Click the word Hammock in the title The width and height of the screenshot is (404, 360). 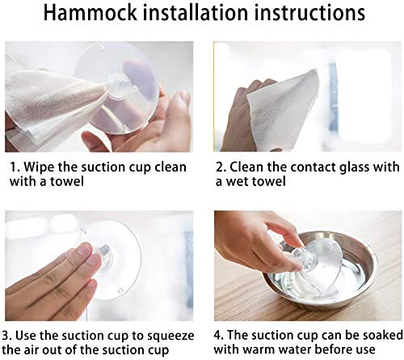(90, 12)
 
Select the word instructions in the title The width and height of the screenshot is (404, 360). (309, 12)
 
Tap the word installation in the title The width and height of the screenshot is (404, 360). (195, 12)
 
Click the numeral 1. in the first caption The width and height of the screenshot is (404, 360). (15, 167)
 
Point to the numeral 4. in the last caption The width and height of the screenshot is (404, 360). (219, 336)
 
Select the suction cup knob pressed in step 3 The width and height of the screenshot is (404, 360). (103, 257)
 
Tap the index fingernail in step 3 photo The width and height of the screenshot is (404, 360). (85, 248)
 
